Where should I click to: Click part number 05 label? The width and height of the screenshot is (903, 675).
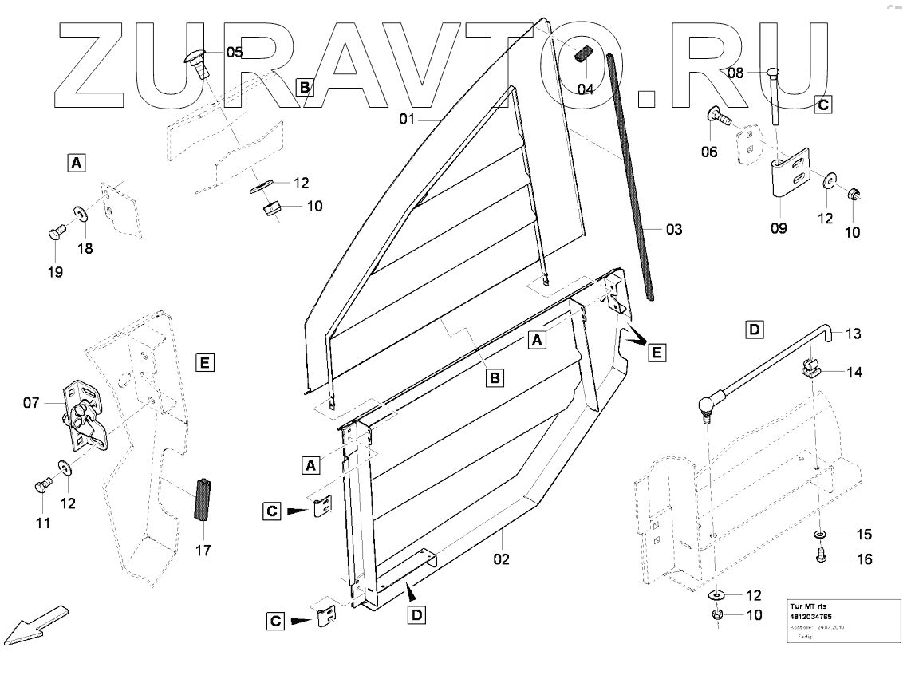[x=234, y=53]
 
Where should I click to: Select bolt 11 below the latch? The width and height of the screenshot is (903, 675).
[x=43, y=484]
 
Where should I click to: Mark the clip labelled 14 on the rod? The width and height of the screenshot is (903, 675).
[x=810, y=369]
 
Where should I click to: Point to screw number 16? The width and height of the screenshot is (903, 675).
[x=821, y=558]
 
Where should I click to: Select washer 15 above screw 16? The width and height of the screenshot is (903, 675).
[x=821, y=534]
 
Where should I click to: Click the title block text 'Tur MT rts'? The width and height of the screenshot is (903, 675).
[x=809, y=606]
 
